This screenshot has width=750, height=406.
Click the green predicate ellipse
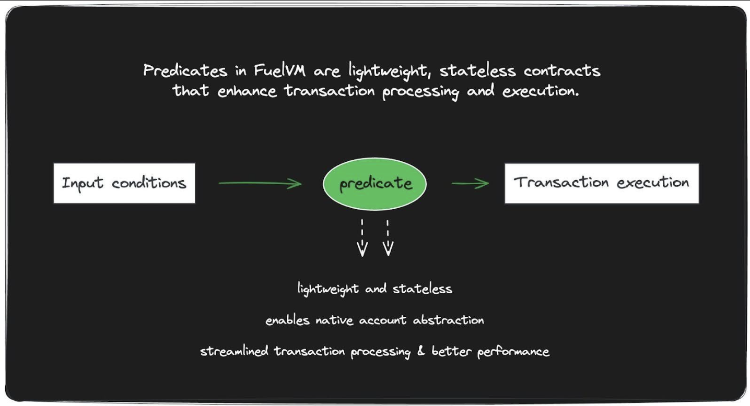(x=374, y=184)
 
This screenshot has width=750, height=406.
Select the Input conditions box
(x=124, y=183)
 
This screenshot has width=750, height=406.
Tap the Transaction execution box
(x=602, y=183)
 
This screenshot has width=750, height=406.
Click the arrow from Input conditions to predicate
(x=260, y=183)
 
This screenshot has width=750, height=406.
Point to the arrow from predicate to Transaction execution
(x=471, y=183)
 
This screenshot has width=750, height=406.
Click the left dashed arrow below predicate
(x=362, y=238)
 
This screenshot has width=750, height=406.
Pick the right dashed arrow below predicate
(x=388, y=238)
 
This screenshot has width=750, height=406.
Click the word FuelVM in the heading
(x=279, y=70)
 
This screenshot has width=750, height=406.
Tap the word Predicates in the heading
(x=185, y=70)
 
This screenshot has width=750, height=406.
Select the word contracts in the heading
(x=562, y=70)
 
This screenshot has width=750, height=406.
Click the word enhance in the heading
(x=247, y=91)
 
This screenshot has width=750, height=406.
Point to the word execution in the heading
(x=541, y=91)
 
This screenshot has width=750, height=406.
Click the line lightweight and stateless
(x=375, y=289)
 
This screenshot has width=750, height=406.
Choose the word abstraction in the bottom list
(x=448, y=320)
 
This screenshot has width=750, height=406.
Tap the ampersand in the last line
(x=421, y=351)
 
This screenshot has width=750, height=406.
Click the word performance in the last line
(x=513, y=352)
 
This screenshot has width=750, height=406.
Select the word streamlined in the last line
(x=234, y=351)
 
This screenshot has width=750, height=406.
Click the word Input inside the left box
(x=83, y=184)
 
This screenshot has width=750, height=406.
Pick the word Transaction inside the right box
(x=561, y=183)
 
